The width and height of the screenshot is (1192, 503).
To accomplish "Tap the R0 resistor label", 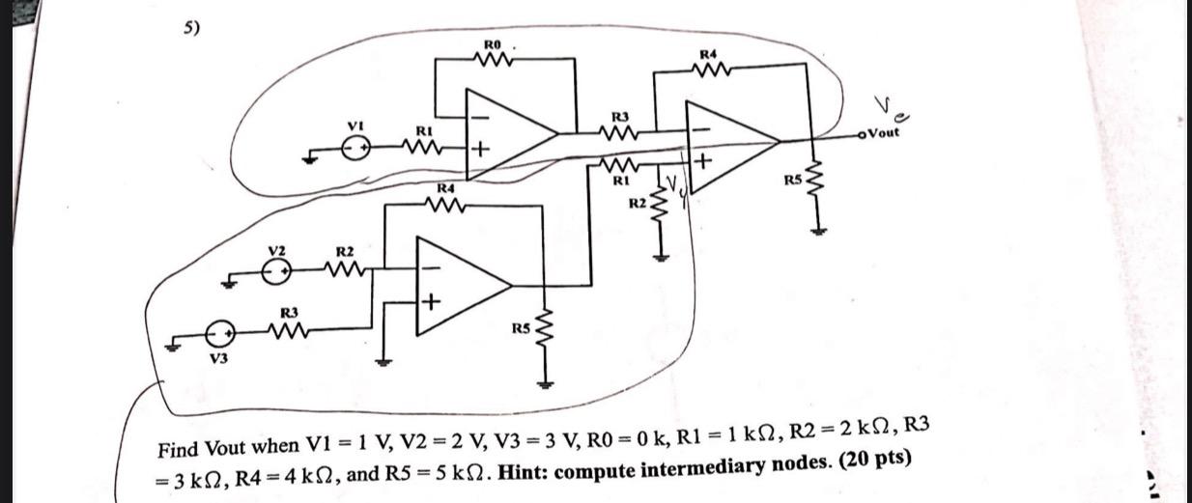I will point(493,43).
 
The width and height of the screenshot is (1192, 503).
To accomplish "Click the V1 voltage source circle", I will point(356,149).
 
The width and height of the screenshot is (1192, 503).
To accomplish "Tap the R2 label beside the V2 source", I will point(343,252).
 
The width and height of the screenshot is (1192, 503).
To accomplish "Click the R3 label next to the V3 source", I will point(288,313).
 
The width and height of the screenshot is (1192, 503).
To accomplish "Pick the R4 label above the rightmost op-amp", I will point(709,54).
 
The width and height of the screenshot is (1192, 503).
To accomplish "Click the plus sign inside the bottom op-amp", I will point(430,305).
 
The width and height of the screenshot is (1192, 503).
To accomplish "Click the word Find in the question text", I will point(178,449).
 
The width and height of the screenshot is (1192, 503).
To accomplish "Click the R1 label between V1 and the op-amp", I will point(423,129).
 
